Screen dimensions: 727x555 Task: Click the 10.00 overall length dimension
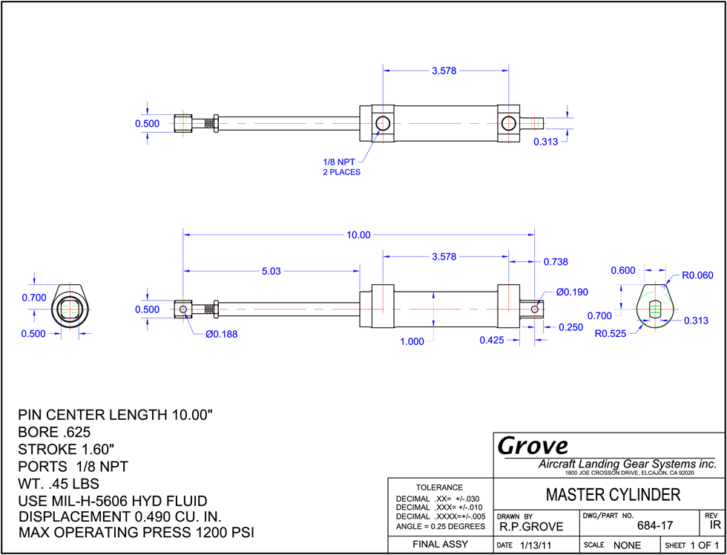pos(359,235)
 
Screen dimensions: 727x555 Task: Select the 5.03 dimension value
pos(272,272)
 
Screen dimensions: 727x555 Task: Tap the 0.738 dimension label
pos(556,262)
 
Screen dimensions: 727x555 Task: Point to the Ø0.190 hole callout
pos(572,292)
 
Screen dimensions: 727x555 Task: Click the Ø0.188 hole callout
pos(222,334)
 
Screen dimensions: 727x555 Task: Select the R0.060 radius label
pos(697,276)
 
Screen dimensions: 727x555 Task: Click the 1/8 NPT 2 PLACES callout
pos(342,166)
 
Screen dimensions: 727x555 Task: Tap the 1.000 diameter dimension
pos(412,342)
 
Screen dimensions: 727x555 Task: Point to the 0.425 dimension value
pos(491,340)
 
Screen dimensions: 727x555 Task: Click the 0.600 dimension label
pos(623,270)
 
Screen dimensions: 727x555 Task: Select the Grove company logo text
pos(533,446)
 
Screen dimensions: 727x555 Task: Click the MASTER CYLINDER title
pos(613,495)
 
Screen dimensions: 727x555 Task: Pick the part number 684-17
pos(655,525)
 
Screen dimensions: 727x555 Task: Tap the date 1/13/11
pos(535,545)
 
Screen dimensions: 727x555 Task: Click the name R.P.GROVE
pos(531,527)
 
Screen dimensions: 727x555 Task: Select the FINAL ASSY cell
pos(440,544)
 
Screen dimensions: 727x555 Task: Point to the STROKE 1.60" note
pos(66,450)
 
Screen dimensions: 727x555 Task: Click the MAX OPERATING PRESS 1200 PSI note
pos(136,532)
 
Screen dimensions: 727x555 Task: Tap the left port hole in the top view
pos(383,123)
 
